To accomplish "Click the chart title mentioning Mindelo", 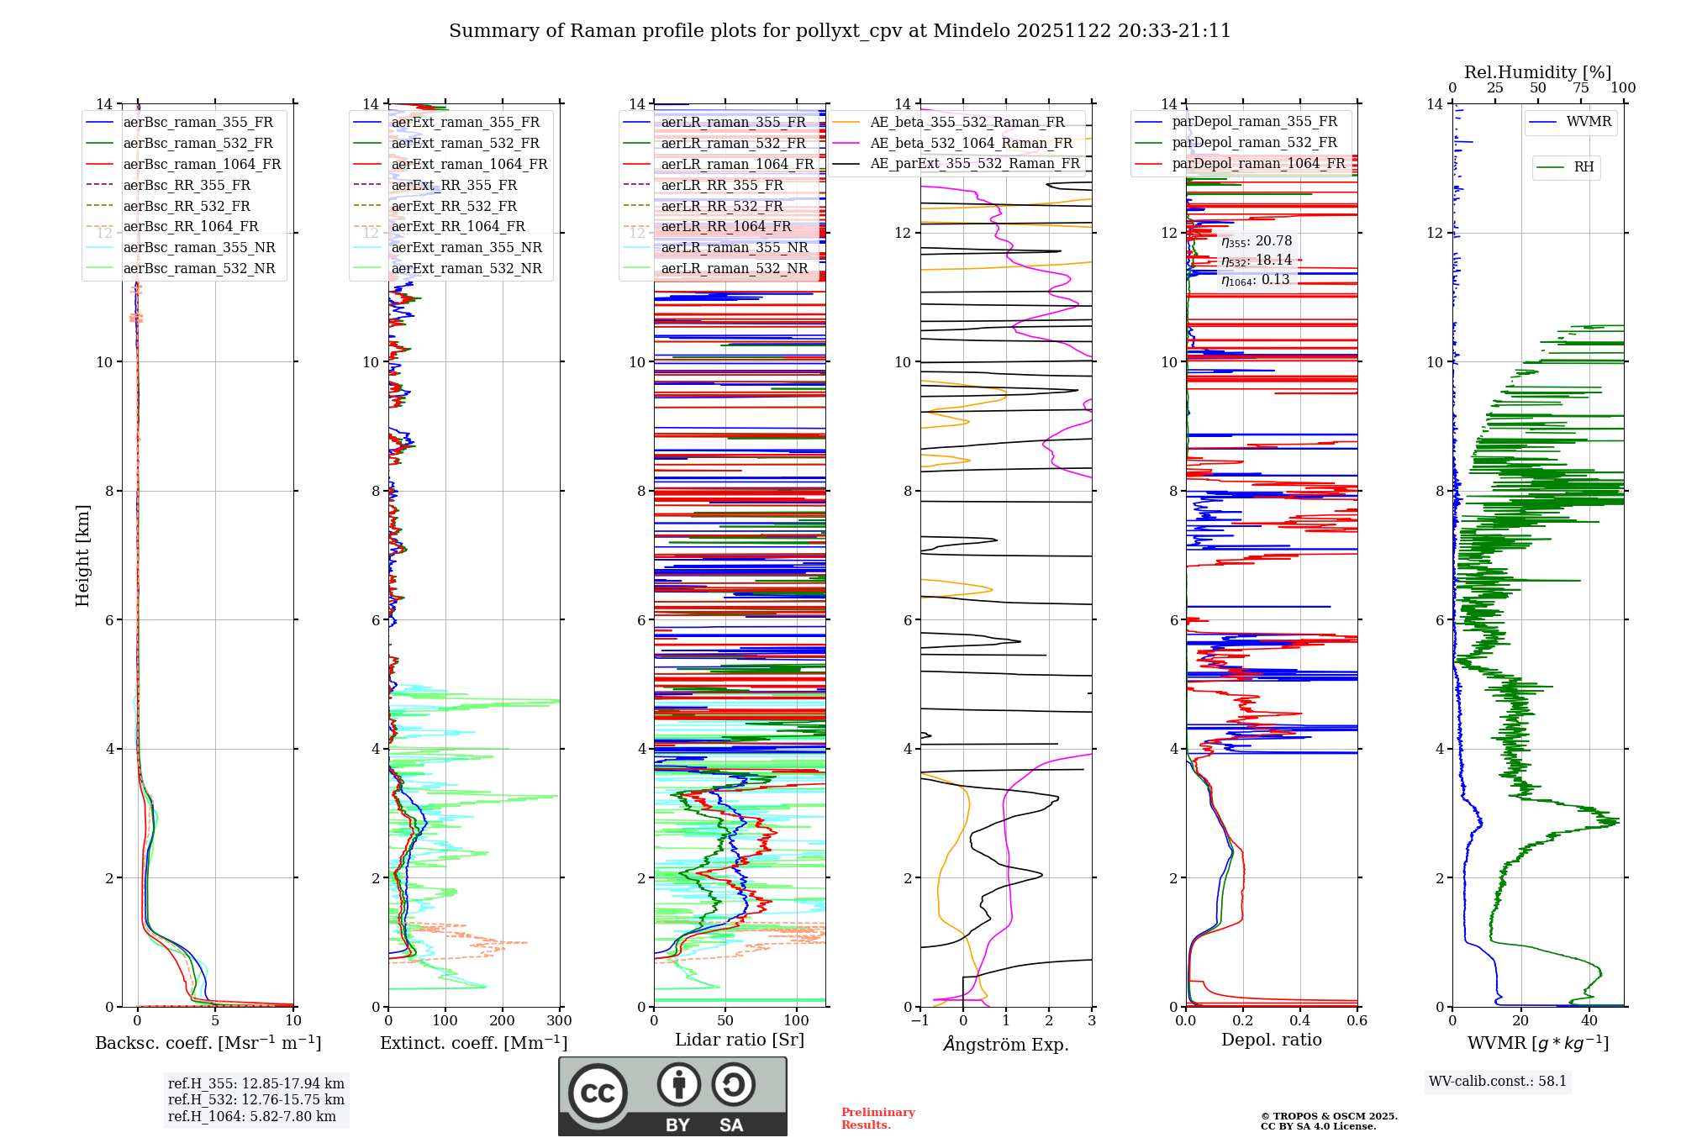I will click(840, 31).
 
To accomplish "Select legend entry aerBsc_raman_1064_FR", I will click(202, 164).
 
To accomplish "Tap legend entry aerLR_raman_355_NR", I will click(734, 247).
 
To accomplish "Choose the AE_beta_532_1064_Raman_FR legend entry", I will click(971, 143).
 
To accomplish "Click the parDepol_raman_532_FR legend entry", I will click(1254, 143).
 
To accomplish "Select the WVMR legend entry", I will click(1589, 122).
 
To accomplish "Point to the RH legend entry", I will click(1584, 167).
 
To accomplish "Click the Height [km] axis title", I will click(82, 556).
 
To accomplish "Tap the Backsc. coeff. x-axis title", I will click(208, 1043).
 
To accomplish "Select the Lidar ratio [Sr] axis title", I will click(740, 1040).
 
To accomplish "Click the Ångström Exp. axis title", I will click(1006, 1044).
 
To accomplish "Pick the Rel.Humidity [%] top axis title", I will click(1537, 72).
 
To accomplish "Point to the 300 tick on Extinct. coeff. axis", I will click(560, 1020).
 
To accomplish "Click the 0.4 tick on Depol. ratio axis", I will click(1300, 1020).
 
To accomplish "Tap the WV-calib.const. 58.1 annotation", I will click(1498, 1081).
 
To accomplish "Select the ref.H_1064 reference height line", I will click(252, 1116).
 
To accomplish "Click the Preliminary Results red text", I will click(877, 1118).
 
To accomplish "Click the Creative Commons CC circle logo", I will click(598, 1093).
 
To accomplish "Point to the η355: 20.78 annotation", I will click(1257, 241).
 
